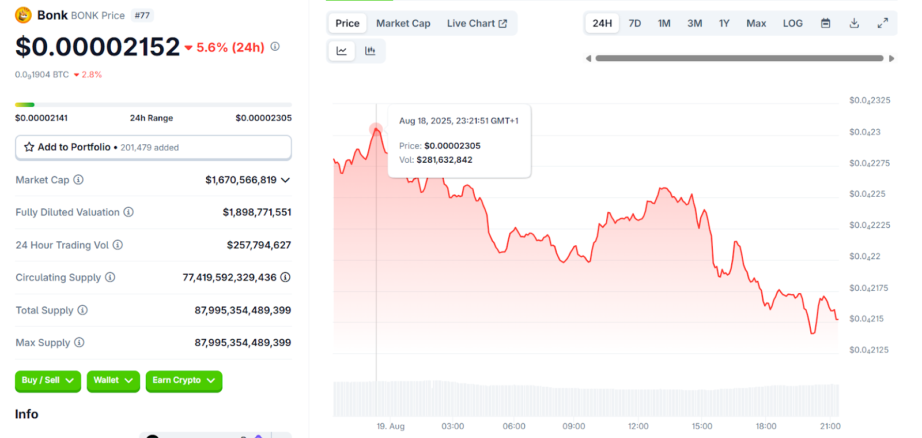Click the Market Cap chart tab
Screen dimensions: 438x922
point(403,24)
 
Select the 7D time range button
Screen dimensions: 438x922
point(634,24)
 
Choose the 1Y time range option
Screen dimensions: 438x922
point(724,24)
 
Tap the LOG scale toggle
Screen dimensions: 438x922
point(792,24)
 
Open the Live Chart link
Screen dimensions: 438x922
point(477,24)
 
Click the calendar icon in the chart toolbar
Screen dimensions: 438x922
point(826,24)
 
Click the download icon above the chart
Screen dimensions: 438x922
point(854,24)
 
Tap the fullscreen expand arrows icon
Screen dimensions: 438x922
point(882,24)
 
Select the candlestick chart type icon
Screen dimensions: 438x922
point(371,51)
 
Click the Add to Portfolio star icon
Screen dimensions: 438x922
point(29,147)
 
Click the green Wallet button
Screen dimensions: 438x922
point(113,380)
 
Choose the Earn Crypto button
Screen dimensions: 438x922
point(183,380)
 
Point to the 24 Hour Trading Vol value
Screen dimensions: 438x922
point(259,245)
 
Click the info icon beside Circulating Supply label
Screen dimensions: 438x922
point(110,278)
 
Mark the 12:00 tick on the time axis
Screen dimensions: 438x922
point(638,426)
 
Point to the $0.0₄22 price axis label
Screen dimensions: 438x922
point(864,257)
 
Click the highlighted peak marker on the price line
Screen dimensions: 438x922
point(376,129)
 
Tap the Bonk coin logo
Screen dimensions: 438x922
point(23,15)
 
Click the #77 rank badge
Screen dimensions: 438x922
point(142,16)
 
